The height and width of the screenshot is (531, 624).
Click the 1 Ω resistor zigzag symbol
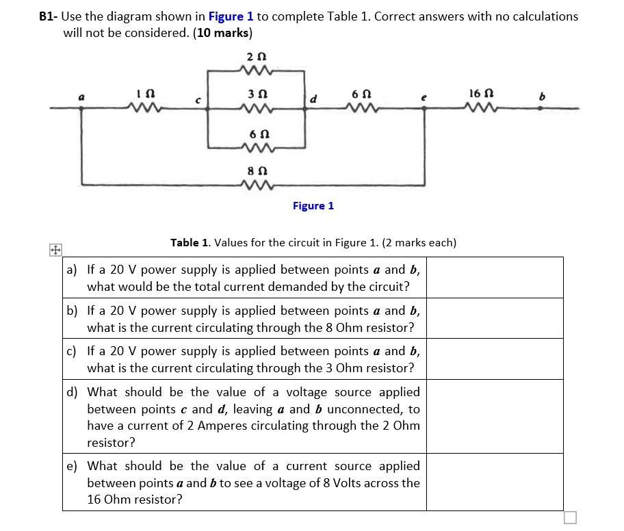tap(146, 107)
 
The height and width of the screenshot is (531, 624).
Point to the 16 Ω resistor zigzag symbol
tap(477, 107)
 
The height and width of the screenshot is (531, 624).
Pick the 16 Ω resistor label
tap(478, 92)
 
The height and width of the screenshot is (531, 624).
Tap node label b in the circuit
tap(541, 97)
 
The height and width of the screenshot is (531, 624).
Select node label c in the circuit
tap(198, 101)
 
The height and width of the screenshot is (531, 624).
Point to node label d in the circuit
tap(313, 99)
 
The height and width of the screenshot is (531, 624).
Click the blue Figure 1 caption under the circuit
tap(313, 205)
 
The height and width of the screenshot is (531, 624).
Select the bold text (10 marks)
tap(224, 33)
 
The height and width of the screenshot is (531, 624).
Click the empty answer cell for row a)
tap(495, 277)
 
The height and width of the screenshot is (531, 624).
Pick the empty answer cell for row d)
tap(495, 417)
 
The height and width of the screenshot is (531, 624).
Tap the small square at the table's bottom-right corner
tap(571, 517)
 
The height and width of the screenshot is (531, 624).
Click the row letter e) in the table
tap(72, 466)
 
